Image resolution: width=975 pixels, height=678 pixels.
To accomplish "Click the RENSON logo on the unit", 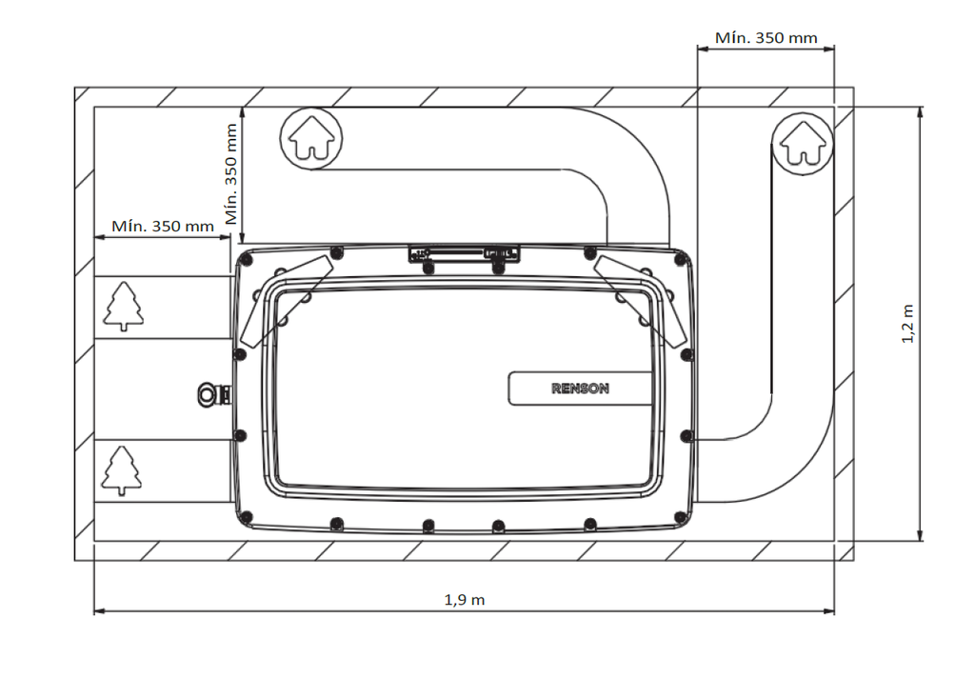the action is point(580,389).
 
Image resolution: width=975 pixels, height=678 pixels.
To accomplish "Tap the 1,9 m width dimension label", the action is point(464,600).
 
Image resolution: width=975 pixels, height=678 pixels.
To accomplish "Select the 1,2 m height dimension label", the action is point(907,324).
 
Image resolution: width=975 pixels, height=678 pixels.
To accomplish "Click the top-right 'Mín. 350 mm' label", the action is point(766,38).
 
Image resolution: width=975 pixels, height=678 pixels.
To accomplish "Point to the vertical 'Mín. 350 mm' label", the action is point(230,173).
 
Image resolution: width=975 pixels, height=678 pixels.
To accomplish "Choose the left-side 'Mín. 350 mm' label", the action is point(162,226).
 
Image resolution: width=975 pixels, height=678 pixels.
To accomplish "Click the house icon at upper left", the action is point(311,137).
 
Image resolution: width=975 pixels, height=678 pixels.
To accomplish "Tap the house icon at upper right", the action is point(802,144).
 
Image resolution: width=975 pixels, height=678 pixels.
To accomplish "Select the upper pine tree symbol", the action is point(123,306).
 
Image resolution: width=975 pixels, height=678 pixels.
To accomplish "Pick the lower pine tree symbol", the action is point(121,470).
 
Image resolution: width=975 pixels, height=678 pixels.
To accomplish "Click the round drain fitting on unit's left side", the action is point(208,393).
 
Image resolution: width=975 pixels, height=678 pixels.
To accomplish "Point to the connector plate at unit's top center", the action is point(464,254).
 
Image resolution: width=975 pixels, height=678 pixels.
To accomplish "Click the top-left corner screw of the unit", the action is point(247,258).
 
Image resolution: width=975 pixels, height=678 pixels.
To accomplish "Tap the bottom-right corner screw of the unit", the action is point(681,517).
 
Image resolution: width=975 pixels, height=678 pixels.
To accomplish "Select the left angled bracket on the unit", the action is point(286,302).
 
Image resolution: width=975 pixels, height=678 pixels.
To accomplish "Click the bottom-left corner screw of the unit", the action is point(247,517).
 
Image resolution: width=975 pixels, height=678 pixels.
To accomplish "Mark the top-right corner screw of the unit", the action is point(681,258).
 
